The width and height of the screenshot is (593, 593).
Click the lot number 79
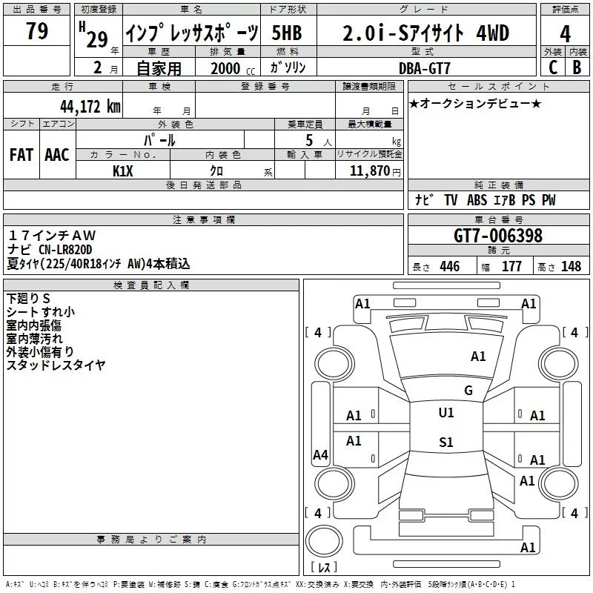37,32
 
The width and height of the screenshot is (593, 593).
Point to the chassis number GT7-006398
498,236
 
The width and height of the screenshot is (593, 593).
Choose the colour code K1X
123,171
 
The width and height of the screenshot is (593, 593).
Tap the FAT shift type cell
21,155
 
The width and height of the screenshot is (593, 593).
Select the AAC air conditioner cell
56,155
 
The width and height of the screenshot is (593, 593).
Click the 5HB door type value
287,33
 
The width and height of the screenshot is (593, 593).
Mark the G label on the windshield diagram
468,390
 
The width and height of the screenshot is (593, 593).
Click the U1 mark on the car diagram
445,413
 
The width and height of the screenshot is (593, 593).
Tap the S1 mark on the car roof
445,443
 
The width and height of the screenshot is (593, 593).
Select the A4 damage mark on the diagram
320,455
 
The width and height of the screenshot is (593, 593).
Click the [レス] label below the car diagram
323,569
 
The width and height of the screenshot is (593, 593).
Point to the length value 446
449,267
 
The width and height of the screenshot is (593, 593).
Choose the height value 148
571,267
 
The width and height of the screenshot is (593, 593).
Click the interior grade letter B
577,67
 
